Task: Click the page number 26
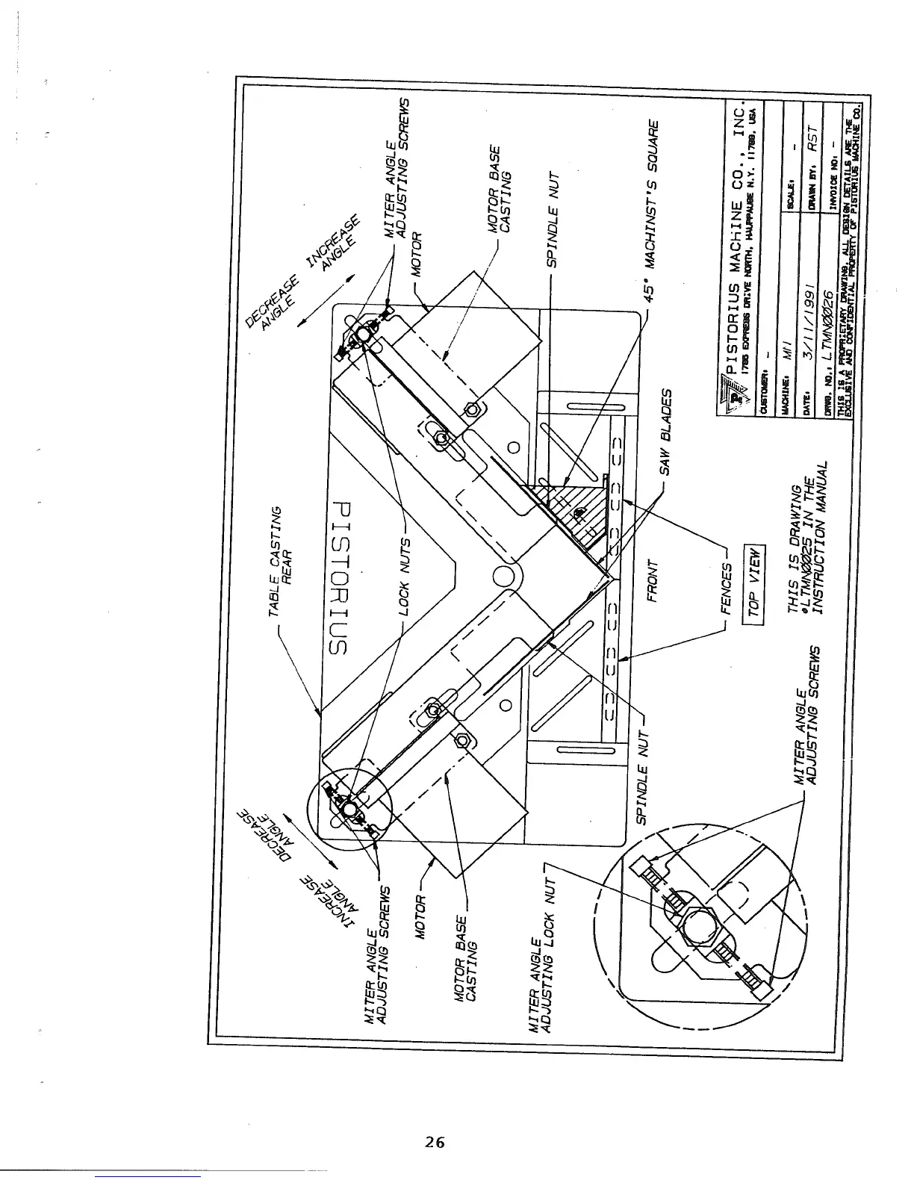[x=435, y=1142]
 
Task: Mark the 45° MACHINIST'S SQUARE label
[x=650, y=208]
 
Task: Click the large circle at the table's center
[x=510, y=577]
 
